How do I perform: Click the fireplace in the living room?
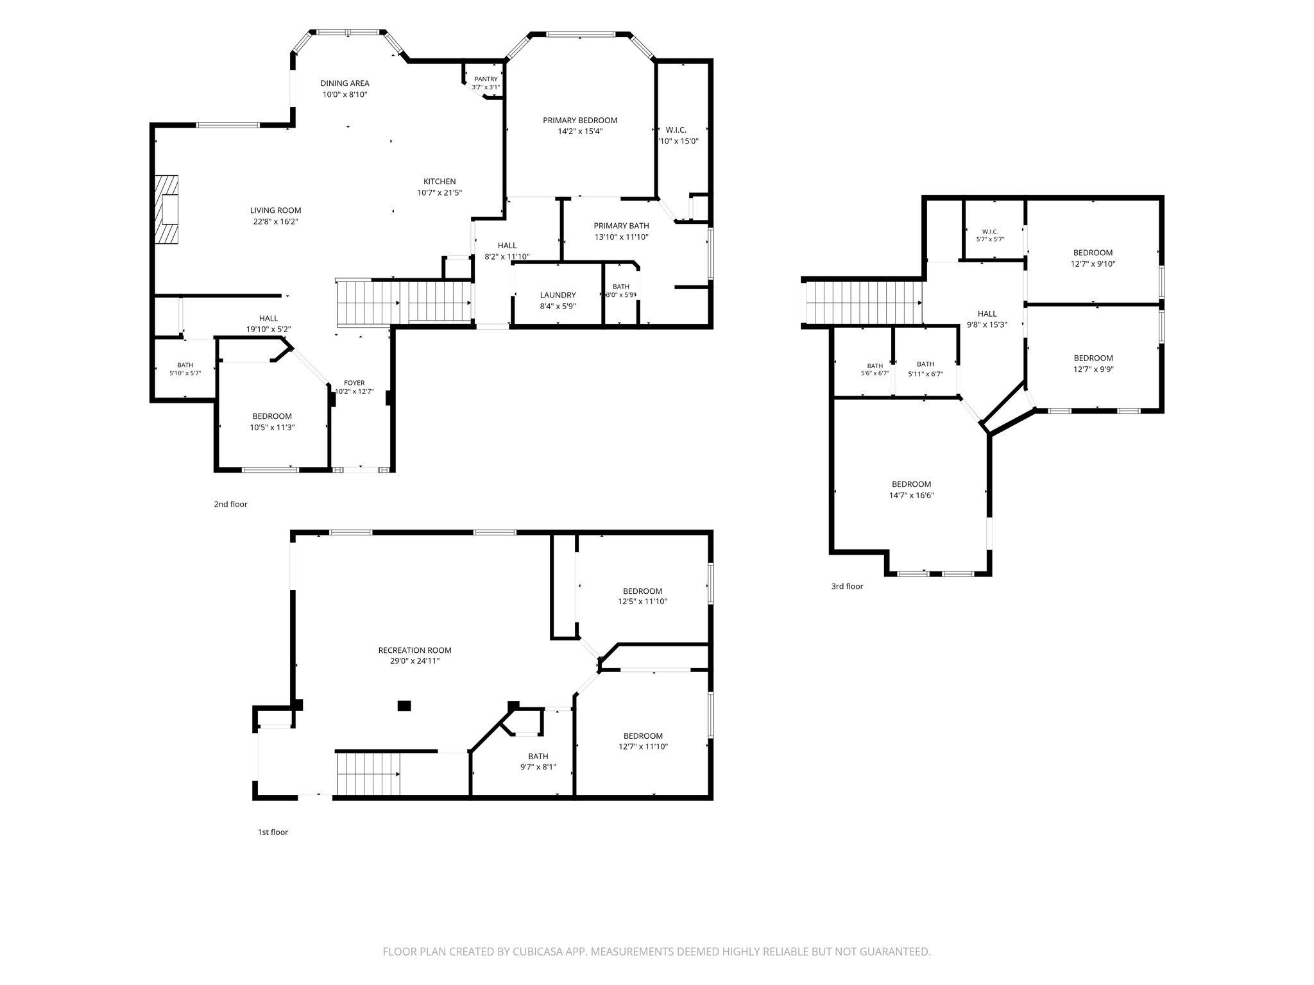click(167, 210)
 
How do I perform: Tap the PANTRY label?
click(486, 79)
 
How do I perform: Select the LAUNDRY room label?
click(558, 295)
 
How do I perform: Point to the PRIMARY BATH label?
click(621, 226)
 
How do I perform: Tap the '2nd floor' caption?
click(230, 504)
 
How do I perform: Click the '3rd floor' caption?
click(847, 586)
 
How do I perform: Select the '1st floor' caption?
click(273, 832)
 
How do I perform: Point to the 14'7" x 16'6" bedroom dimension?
click(911, 495)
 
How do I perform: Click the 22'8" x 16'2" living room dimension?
click(275, 221)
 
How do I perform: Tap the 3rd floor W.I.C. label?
click(990, 232)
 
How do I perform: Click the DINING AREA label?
click(345, 83)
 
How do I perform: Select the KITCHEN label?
click(439, 181)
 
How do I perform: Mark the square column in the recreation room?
click(404, 706)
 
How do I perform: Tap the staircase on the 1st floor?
click(368, 773)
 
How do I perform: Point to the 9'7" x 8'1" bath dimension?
click(538, 767)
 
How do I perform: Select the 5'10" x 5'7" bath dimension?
click(185, 373)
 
